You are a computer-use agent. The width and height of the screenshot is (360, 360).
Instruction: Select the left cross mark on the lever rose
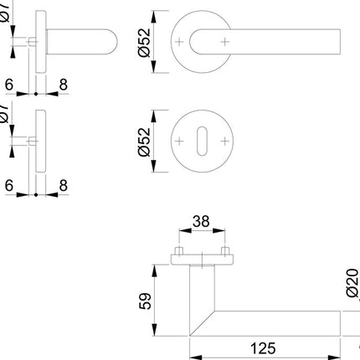[x=181, y=39]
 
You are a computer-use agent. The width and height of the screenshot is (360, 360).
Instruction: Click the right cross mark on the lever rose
[x=225, y=39]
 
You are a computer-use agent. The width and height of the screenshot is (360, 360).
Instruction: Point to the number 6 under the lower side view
[x=8, y=183]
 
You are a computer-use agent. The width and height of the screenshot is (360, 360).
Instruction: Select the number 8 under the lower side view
[x=62, y=183]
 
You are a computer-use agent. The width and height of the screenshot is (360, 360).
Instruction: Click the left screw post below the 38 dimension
[x=180, y=252]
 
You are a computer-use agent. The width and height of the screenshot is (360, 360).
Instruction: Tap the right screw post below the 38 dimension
[x=224, y=252]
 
